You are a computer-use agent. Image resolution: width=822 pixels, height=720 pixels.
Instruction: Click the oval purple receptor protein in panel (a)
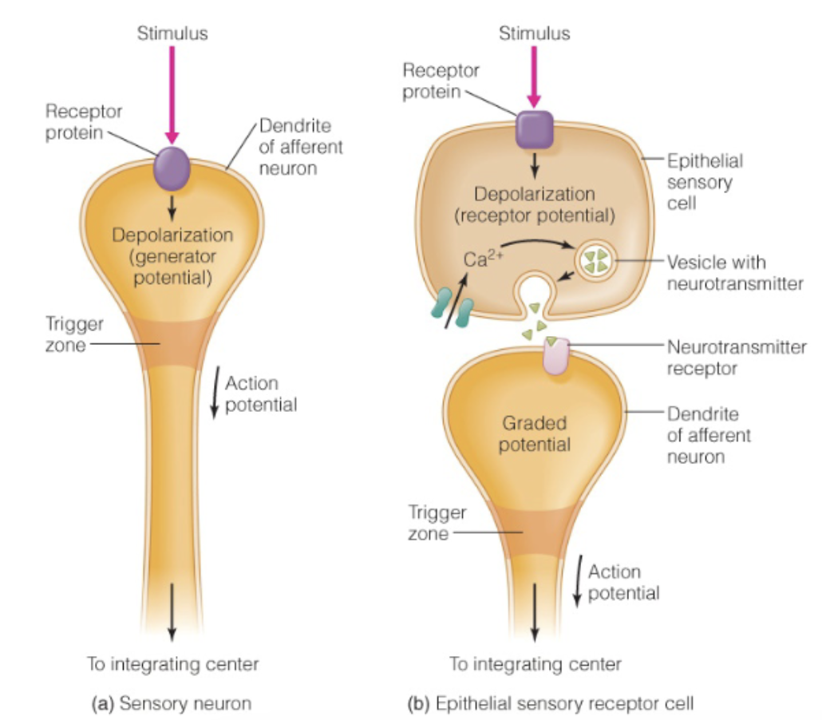172,168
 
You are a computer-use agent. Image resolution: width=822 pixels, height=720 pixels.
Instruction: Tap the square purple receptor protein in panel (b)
534,129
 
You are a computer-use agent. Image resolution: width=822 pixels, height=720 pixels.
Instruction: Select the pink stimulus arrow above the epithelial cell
534,76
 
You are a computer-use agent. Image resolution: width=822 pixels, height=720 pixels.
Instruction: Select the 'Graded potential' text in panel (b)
534,433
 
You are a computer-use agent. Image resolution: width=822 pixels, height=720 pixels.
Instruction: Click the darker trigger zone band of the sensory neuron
172,340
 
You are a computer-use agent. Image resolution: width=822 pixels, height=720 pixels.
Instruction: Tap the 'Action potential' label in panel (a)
260,394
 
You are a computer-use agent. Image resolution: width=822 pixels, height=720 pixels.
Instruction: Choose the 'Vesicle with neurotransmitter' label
734,272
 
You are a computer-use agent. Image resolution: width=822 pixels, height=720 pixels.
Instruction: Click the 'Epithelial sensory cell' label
705,182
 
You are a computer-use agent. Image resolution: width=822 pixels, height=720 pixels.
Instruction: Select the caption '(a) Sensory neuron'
172,703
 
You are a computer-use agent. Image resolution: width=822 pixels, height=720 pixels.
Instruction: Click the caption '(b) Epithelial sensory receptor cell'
550,703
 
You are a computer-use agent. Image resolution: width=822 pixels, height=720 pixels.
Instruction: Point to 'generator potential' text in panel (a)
172,267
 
